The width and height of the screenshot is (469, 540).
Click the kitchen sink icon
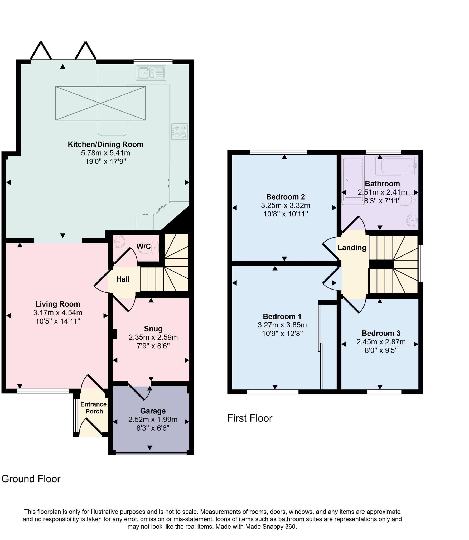(x=151, y=73)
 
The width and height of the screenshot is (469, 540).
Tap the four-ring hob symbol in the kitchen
(x=180, y=132)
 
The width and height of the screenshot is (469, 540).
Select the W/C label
(x=144, y=247)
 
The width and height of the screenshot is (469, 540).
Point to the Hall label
(x=123, y=279)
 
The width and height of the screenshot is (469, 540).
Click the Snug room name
(x=153, y=329)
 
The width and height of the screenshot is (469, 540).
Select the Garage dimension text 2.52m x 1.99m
(x=153, y=419)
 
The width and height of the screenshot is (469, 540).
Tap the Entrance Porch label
(x=94, y=408)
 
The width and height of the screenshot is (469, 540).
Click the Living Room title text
(x=58, y=304)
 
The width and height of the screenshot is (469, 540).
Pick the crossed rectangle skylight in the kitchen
(x=100, y=103)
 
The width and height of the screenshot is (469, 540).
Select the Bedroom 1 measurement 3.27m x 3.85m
(x=282, y=325)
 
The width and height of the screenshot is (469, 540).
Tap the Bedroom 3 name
(x=381, y=333)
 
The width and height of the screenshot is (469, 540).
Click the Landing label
(x=352, y=248)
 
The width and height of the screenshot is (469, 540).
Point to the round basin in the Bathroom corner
(x=413, y=220)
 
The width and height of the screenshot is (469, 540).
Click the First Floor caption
(x=250, y=418)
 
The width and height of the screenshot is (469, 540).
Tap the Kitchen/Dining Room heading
(x=105, y=144)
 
